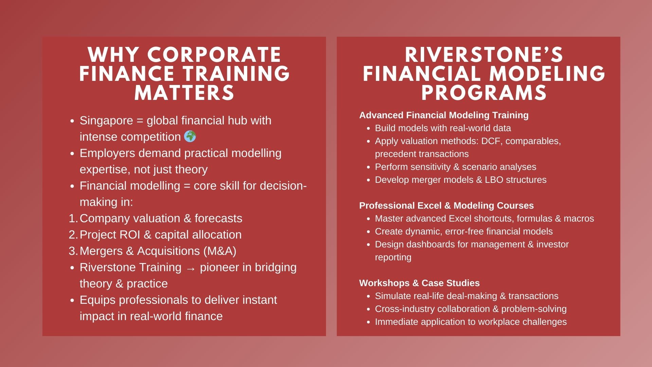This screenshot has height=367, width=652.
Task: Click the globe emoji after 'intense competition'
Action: (x=190, y=137)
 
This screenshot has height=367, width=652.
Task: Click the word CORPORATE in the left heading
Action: (x=214, y=55)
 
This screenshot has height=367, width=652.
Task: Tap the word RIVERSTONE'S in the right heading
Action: (x=484, y=55)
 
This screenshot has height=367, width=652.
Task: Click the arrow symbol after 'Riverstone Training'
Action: (x=191, y=268)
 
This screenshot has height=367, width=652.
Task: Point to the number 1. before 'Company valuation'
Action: (x=73, y=218)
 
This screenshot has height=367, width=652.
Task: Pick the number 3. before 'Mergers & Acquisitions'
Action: (x=73, y=251)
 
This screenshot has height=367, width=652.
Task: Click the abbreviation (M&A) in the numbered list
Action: (x=220, y=251)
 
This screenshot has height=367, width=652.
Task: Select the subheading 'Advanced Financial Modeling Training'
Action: (x=444, y=115)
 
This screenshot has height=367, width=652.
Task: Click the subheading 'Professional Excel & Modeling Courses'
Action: (x=447, y=206)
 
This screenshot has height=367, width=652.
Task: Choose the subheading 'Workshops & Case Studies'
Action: (x=419, y=283)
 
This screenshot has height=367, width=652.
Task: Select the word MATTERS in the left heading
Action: (x=184, y=92)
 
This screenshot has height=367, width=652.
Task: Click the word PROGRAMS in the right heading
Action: (x=484, y=92)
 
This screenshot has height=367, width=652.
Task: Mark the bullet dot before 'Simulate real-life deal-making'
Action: (x=369, y=296)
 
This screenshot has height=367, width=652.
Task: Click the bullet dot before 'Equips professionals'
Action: (x=72, y=300)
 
